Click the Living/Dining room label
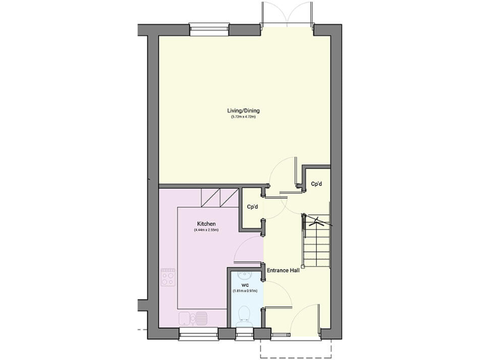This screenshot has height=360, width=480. (x=243, y=111)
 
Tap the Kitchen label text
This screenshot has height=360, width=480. (x=206, y=224)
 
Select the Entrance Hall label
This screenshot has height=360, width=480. (x=283, y=271)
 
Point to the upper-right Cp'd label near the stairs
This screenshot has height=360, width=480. (x=316, y=184)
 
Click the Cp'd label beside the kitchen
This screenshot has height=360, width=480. (x=252, y=207)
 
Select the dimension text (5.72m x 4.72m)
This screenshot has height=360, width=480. (x=243, y=117)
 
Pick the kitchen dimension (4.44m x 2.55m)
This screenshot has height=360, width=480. (x=206, y=230)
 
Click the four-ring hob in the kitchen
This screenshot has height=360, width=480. (x=168, y=277)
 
